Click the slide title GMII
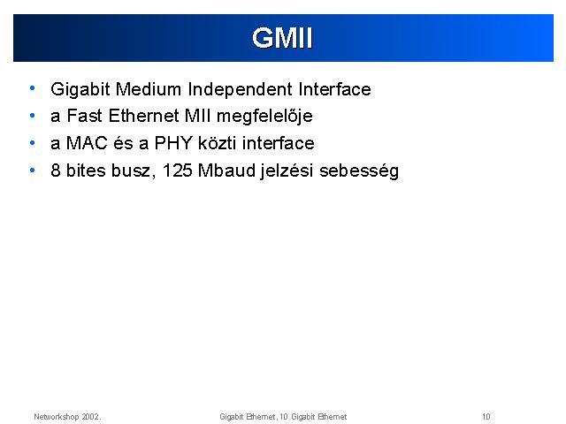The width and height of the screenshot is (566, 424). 282,38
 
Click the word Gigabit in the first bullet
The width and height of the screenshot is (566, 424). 80,89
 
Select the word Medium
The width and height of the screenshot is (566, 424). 149,89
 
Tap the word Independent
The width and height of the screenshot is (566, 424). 240,89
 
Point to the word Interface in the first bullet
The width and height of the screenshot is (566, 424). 334,89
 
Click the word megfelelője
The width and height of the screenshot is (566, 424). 264,117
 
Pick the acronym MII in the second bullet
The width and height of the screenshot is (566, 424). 197,116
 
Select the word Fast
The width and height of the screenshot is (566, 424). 85,116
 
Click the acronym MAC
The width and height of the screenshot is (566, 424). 87,143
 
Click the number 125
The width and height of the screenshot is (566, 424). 177,170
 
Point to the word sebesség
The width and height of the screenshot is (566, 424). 359,170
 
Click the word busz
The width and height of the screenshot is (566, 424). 130,170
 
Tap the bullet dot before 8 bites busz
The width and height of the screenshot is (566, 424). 33,170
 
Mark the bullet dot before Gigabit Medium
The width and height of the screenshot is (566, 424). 33,88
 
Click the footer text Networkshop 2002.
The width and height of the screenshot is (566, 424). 67,417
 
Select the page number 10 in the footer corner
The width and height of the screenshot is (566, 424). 486,417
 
